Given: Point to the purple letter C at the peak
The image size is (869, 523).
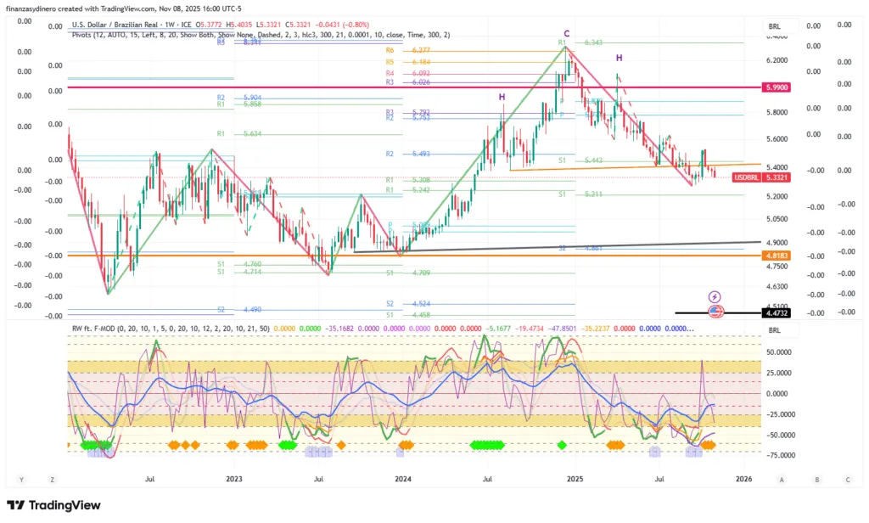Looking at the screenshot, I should pos(566,33).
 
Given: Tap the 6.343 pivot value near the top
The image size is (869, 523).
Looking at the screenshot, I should pos(593,42).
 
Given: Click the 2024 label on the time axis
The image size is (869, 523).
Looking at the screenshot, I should pos(403,479).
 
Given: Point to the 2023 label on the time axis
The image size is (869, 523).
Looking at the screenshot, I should pos(234,479).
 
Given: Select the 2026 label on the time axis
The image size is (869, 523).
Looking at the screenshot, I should pos(743,479).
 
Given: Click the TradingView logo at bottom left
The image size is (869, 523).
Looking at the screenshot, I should pos(53,505).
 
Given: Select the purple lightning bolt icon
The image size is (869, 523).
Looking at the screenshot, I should pos(715,295).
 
